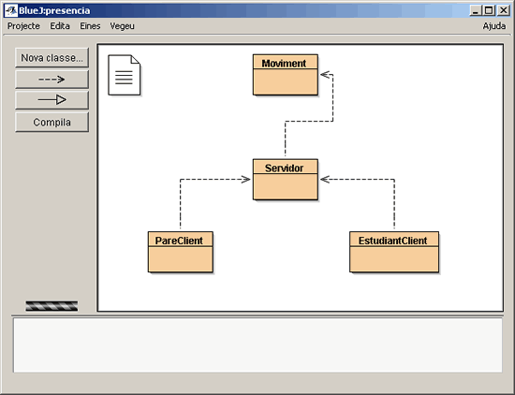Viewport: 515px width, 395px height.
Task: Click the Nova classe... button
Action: pyautogui.click(x=51, y=58)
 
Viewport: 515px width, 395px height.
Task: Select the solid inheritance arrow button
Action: pyautogui.click(x=51, y=100)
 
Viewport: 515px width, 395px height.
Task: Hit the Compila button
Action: pyautogui.click(x=51, y=122)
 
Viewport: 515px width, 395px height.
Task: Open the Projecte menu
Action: pyautogui.click(x=23, y=26)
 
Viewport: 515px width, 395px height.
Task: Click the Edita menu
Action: pyautogui.click(x=60, y=26)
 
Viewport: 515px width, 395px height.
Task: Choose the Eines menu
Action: pyautogui.click(x=90, y=26)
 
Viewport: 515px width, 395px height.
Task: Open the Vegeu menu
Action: pyautogui.click(x=122, y=26)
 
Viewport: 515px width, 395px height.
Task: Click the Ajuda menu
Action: pyautogui.click(x=494, y=26)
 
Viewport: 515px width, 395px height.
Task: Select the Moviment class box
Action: pyautogui.click(x=286, y=75)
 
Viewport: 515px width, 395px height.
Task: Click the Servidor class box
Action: pyautogui.click(x=286, y=180)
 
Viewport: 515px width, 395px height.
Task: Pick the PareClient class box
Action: pyautogui.click(x=181, y=252)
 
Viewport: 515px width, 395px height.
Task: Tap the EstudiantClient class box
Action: pyautogui.click(x=394, y=252)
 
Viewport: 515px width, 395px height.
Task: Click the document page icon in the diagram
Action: pyautogui.click(x=125, y=75)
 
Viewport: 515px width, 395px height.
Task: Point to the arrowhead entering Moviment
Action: pyautogui.click(x=324, y=75)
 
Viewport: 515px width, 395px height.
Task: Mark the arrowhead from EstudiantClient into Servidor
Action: pyautogui.click(x=324, y=180)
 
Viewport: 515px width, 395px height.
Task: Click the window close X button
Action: pyautogui.click(x=503, y=10)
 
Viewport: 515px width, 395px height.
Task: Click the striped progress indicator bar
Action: pyautogui.click(x=51, y=306)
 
